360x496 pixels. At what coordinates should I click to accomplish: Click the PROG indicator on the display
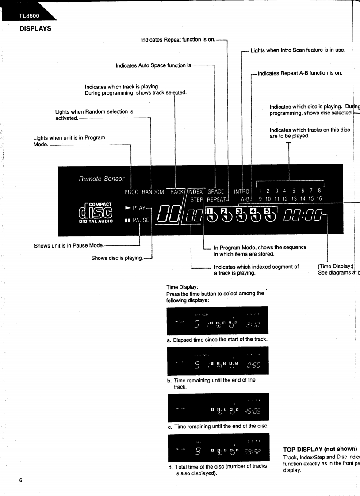[x=131, y=192]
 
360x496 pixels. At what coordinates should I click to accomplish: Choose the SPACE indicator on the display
[x=215, y=192]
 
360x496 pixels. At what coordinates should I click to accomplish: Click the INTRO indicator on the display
[x=242, y=192]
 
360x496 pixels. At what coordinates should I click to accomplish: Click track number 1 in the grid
[x=261, y=191]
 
